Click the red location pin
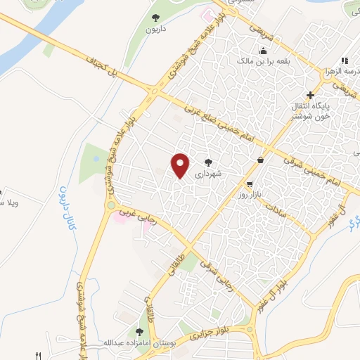tap(181, 165)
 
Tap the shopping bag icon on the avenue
tap(261, 160)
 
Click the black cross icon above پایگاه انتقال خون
tap(310, 94)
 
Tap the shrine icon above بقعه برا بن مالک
tap(264, 51)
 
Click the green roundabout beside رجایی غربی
tap(111, 206)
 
